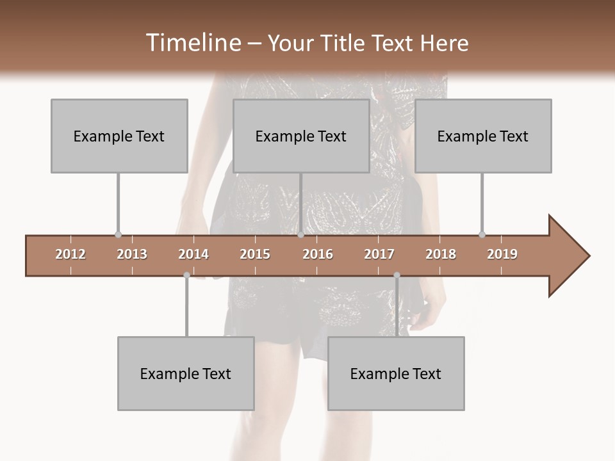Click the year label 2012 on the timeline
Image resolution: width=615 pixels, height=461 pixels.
(x=70, y=254)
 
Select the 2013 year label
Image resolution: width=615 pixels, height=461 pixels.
(x=132, y=254)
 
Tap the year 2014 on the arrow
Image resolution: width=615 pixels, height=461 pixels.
(x=193, y=254)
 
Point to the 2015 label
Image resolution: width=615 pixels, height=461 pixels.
(x=255, y=254)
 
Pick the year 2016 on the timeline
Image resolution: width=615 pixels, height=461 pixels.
(x=318, y=254)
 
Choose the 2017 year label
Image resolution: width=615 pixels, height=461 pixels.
(x=379, y=254)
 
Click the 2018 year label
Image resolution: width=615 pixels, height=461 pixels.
(x=441, y=254)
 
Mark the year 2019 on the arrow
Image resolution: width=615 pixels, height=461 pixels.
(x=502, y=254)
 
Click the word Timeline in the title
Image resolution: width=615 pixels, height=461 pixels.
(x=192, y=43)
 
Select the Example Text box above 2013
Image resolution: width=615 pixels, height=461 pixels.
(x=119, y=136)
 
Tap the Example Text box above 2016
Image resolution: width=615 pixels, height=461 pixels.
(x=301, y=136)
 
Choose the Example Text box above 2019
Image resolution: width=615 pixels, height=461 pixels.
(x=483, y=136)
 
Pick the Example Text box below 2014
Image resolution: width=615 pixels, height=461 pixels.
(x=186, y=373)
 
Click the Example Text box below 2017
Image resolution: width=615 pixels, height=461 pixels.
(x=396, y=373)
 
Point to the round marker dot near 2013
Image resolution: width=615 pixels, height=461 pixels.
(x=118, y=234)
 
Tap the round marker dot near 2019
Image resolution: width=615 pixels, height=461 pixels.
(x=482, y=234)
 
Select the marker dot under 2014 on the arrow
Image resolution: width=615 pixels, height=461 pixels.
(x=186, y=275)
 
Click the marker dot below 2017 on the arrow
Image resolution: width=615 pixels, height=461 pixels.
(x=397, y=275)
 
